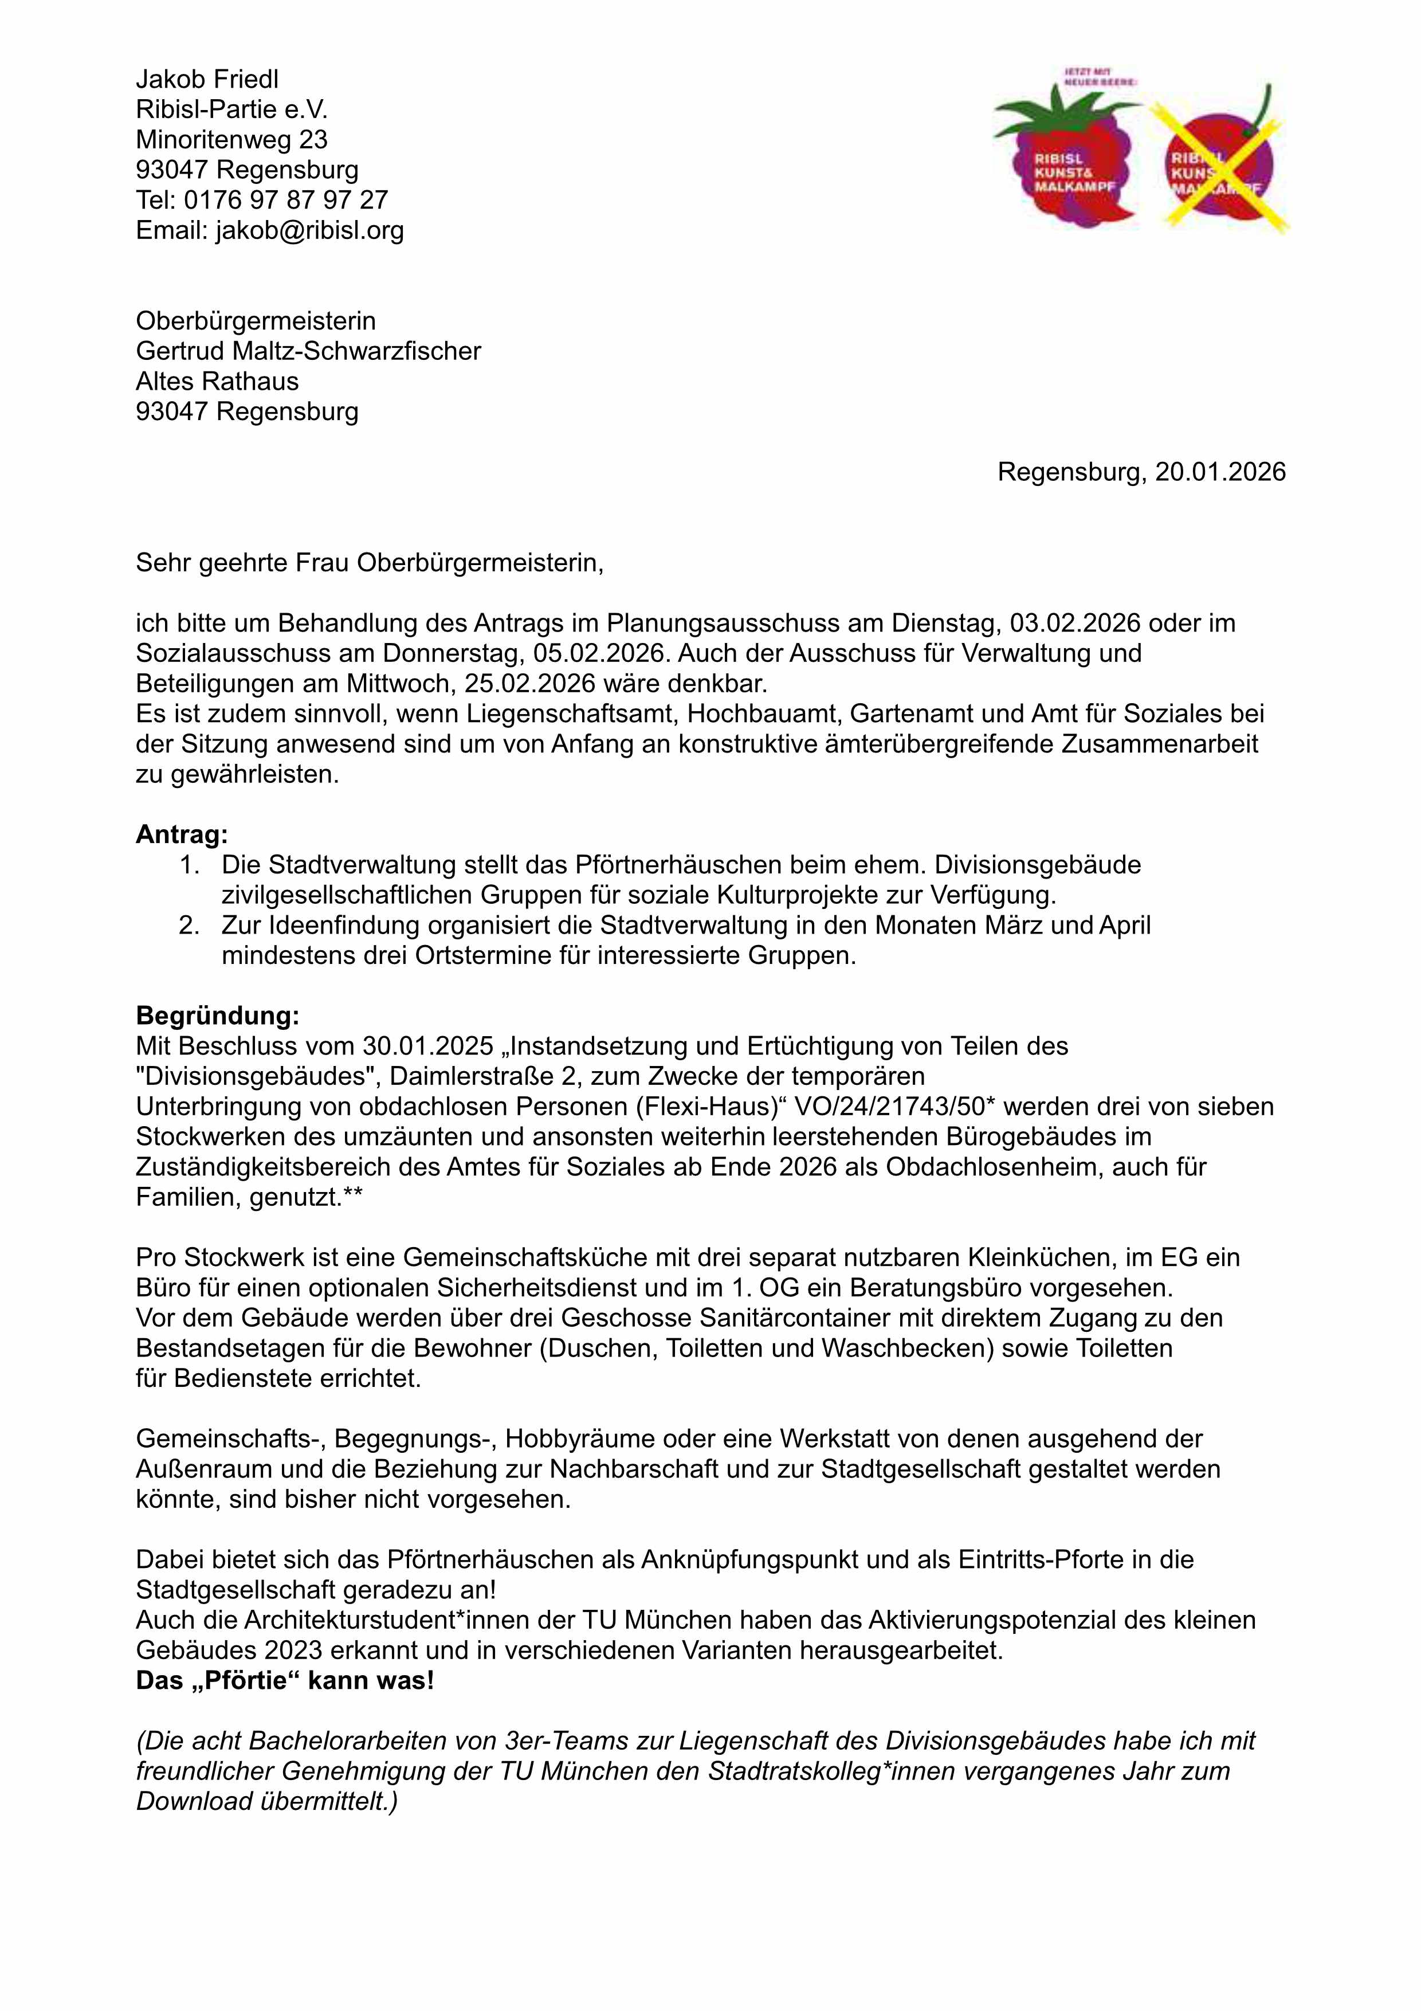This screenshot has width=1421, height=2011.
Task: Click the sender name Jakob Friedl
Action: click(207, 80)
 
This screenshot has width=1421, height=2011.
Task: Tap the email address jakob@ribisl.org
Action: click(310, 230)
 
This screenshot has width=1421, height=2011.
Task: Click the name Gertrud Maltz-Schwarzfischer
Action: click(308, 351)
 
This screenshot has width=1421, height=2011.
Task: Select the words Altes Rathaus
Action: click(217, 381)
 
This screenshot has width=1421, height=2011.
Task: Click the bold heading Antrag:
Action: click(181, 834)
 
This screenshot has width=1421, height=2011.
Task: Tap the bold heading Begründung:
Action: click(217, 1016)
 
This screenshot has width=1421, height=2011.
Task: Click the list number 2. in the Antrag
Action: click(190, 925)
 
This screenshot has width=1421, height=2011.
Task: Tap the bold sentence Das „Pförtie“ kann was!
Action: click(285, 1681)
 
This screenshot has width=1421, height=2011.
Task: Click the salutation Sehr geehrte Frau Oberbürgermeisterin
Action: click(370, 562)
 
